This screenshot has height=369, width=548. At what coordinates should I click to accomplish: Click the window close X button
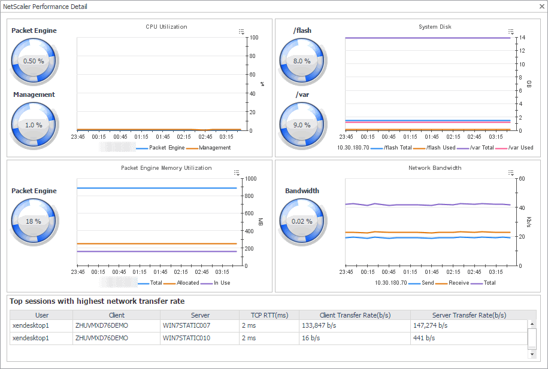pyautogui.click(x=538, y=7)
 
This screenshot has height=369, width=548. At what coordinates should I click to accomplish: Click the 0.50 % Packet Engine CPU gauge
pyautogui.click(x=34, y=61)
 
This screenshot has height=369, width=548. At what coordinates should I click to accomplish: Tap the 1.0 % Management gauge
pyautogui.click(x=34, y=125)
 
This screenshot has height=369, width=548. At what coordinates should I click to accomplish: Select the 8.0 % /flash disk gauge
pyautogui.click(x=302, y=61)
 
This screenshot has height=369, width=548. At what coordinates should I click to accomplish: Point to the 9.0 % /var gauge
pyautogui.click(x=302, y=125)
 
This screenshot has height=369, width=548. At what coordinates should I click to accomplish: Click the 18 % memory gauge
pyautogui.click(x=34, y=221)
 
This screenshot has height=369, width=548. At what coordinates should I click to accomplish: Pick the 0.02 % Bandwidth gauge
pyautogui.click(x=302, y=221)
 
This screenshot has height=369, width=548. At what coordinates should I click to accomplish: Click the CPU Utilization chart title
pyautogui.click(x=166, y=27)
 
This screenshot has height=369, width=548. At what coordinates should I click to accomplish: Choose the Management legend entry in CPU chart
pyautogui.click(x=214, y=148)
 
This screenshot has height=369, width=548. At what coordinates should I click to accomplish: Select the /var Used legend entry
pyautogui.click(x=520, y=148)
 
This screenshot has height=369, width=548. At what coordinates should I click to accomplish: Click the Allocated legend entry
pyautogui.click(x=187, y=283)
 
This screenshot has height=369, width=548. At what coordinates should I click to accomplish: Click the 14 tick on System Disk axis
pyautogui.click(x=522, y=38)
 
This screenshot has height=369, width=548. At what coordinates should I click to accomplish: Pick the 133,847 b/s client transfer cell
pyautogui.click(x=326, y=326)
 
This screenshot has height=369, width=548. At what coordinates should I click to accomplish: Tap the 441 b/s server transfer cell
pyautogui.click(x=423, y=338)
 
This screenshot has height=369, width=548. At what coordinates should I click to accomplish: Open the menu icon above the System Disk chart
pyautogui.click(x=511, y=32)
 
